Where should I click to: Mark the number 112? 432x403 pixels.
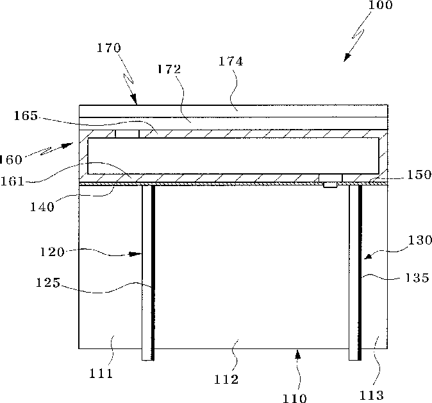(x=226, y=380)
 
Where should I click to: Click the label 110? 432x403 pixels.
(x=294, y=398)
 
